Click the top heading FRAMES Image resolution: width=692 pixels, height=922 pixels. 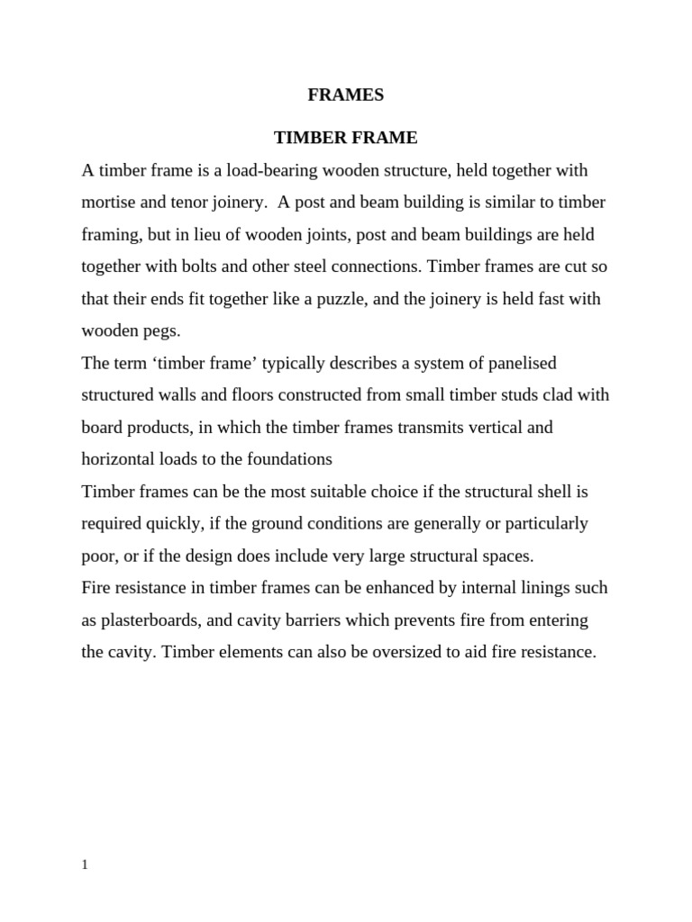point(346,95)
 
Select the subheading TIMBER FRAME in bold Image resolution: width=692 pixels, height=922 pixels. point(346,138)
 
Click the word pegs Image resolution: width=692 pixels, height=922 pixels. point(163,330)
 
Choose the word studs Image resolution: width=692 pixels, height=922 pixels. point(523,394)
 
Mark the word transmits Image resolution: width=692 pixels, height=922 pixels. point(431,427)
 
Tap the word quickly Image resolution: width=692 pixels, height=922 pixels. point(170,523)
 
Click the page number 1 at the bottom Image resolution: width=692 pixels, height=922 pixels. point(85,864)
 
